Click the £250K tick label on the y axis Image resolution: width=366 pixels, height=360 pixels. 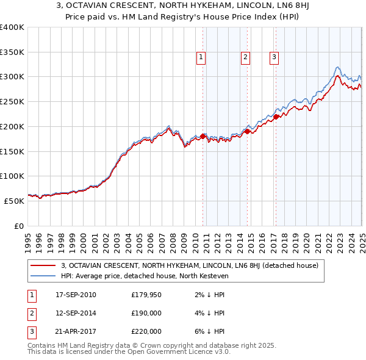point(12,101)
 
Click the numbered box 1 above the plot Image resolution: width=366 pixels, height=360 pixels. point(201,57)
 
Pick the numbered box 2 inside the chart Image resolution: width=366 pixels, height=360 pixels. point(245,57)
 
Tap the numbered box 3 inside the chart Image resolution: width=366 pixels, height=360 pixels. point(274,57)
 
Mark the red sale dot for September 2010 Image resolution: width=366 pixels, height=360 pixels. point(203,136)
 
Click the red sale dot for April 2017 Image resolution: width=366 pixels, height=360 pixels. point(276,117)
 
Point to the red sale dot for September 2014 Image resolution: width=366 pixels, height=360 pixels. point(248,131)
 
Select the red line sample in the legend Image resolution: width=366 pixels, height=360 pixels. point(43,265)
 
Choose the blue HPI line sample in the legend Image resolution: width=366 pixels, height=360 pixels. point(43,276)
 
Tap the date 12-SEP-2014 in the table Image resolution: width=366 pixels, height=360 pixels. point(76,313)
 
